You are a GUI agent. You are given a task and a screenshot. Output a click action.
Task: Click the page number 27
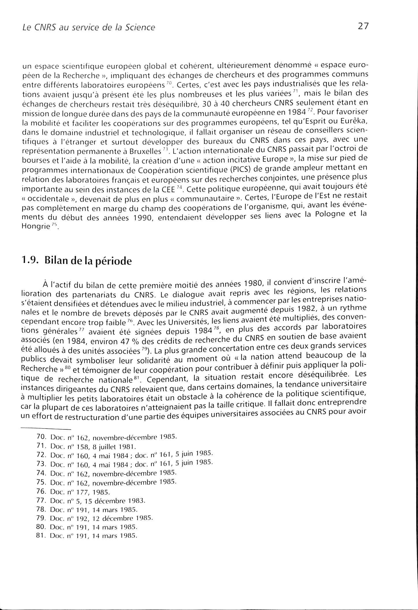tap(363, 26)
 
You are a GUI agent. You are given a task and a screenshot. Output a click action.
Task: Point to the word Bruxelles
tap(147, 151)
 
